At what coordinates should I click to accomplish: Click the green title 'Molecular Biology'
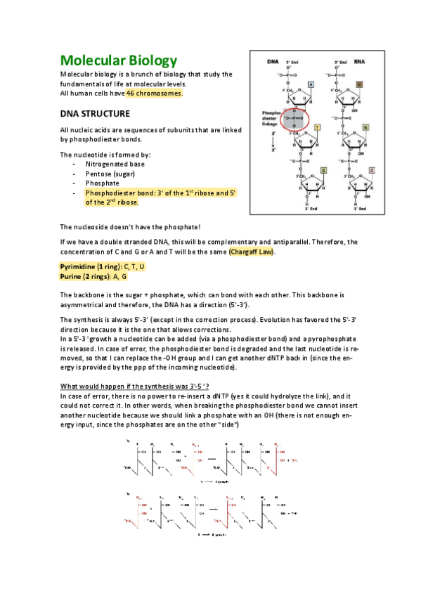[x=118, y=60]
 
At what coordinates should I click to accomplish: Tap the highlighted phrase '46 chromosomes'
[x=154, y=93]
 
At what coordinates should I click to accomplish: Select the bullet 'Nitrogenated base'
[x=116, y=164]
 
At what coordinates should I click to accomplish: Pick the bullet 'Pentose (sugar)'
[x=111, y=173]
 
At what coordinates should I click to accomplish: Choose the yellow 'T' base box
[x=317, y=127]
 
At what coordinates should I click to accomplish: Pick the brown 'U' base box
[x=358, y=84]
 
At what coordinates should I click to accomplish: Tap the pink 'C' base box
[x=372, y=170]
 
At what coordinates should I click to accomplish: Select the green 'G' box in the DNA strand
[x=323, y=170]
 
